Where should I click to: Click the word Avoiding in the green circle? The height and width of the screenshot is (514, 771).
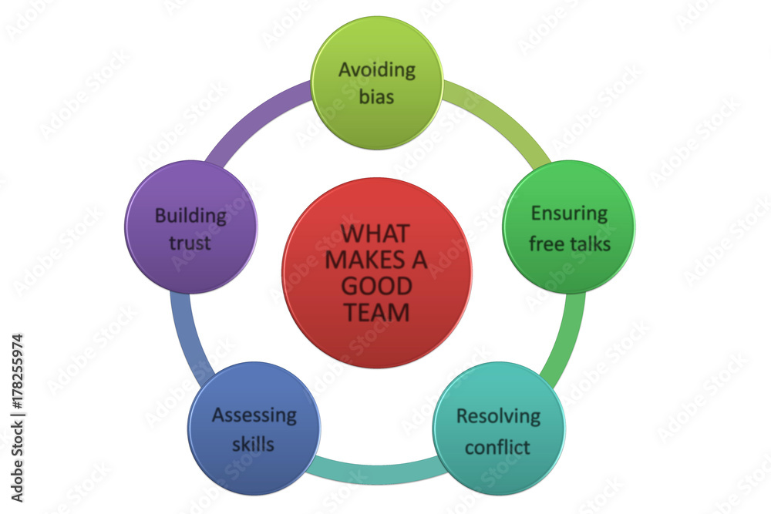click(x=377, y=70)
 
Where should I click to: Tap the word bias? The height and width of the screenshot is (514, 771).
click(x=377, y=96)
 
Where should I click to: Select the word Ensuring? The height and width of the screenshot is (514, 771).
click(x=570, y=214)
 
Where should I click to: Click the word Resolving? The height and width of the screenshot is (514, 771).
click(x=499, y=417)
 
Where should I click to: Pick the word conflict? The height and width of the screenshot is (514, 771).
click(x=497, y=447)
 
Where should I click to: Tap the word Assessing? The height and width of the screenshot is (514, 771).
click(x=254, y=415)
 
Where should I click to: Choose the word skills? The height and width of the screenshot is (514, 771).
click(x=253, y=444)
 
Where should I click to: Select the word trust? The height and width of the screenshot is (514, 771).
click(x=190, y=243)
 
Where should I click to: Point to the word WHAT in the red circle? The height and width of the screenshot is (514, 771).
click(x=375, y=233)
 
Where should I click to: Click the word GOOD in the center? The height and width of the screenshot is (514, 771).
click(x=377, y=287)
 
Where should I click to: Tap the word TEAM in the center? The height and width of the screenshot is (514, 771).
click(x=377, y=313)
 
